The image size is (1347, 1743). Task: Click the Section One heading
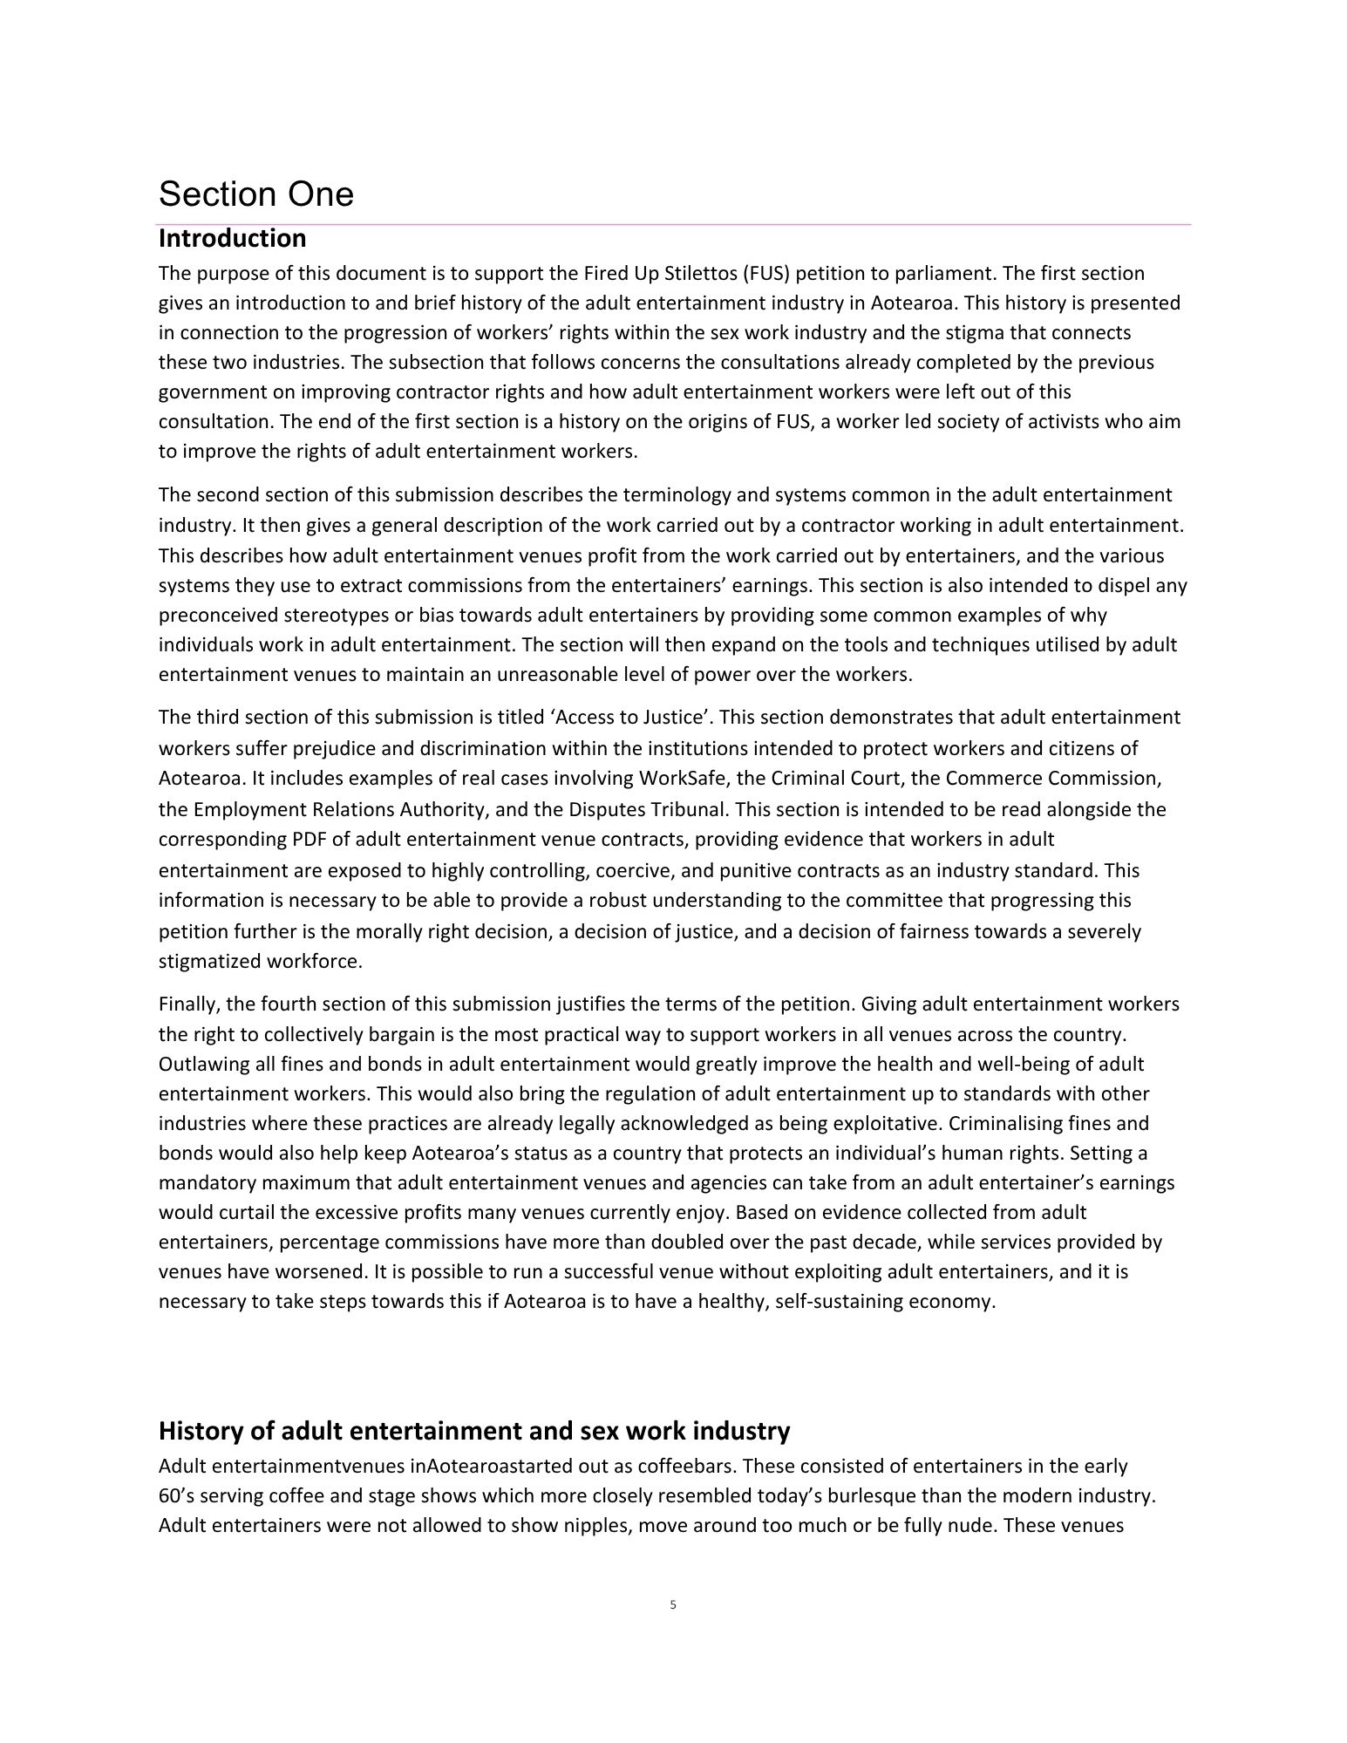pyautogui.click(x=255, y=194)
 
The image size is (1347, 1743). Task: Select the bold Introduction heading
pyautogui.click(x=232, y=238)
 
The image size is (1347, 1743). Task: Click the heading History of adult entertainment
pyautogui.click(x=474, y=1431)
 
